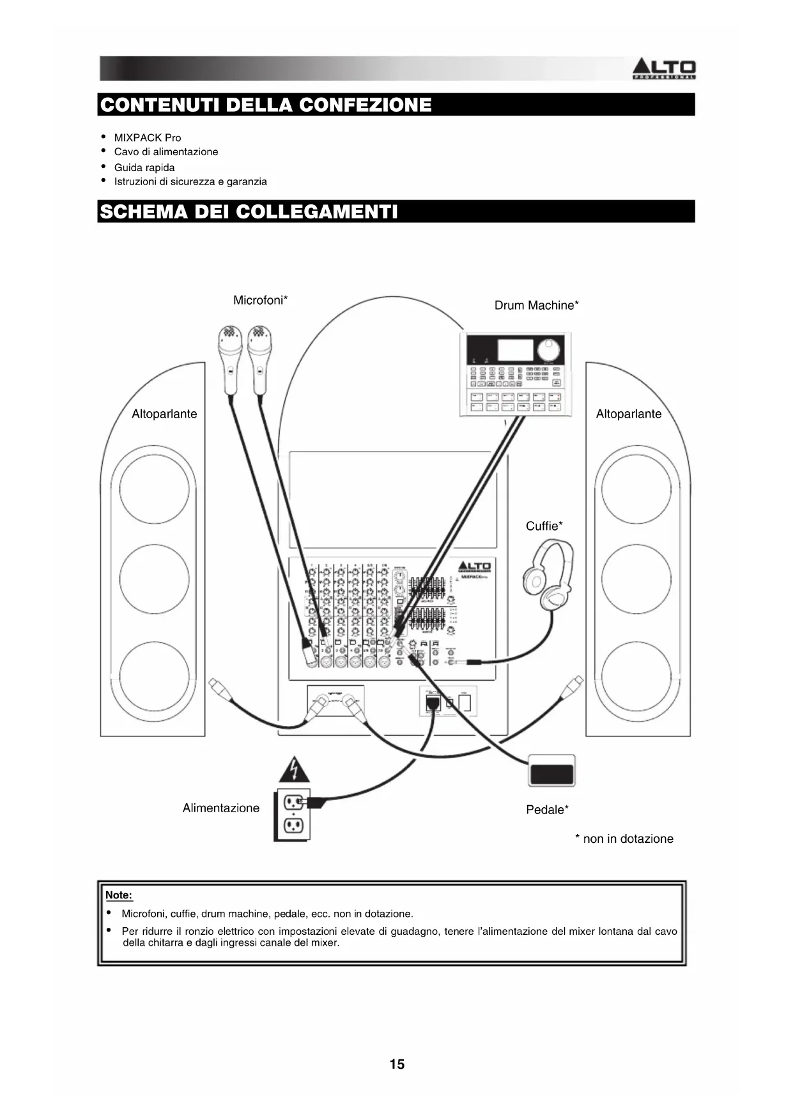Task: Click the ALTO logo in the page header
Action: [663, 68]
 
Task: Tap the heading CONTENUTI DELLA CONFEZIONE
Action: [266, 105]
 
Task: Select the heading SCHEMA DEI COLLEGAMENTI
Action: [249, 211]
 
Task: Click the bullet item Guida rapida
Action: [144, 167]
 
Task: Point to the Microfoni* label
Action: [260, 300]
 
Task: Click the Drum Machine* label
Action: [536, 305]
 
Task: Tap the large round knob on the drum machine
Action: [548, 350]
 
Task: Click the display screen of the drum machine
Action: [515, 349]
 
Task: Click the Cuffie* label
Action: [544, 526]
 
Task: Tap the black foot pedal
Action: [551, 771]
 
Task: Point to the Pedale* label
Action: [547, 810]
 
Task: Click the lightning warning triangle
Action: [294, 770]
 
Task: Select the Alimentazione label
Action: [221, 808]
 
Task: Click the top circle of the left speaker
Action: [154, 488]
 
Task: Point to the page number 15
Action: [397, 1064]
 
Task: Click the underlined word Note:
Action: [119, 895]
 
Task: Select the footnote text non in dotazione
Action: [627, 838]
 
